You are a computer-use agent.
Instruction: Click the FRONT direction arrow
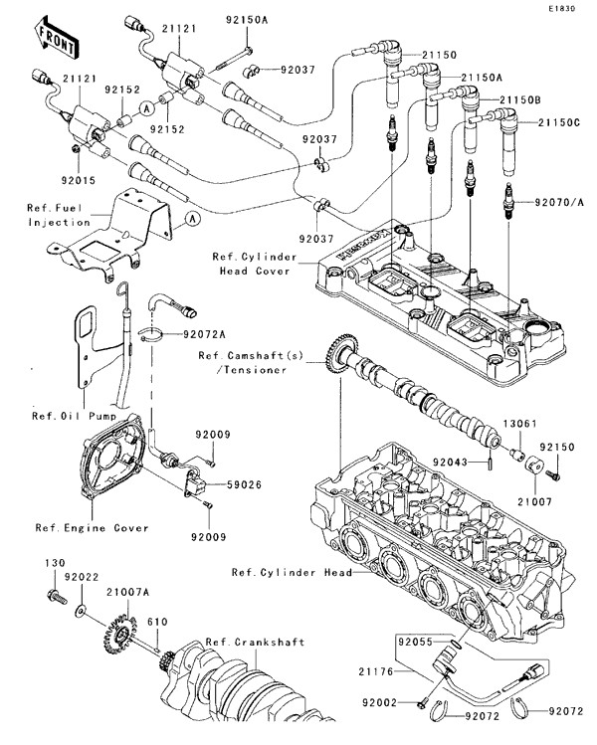click(56, 37)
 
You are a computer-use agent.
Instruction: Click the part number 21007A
click(128, 592)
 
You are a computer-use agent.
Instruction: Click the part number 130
click(54, 563)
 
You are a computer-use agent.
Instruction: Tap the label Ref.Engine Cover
click(92, 528)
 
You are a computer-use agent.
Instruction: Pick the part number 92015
click(79, 182)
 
